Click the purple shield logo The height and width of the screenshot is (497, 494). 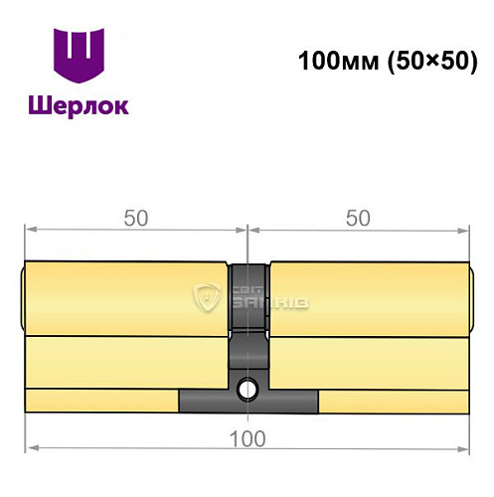pyautogui.click(x=78, y=58)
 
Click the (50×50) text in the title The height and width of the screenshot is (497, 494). pyautogui.click(x=425, y=61)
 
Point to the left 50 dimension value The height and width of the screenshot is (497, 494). pyautogui.click(x=136, y=220)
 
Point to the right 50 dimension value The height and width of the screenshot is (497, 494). pyautogui.click(x=357, y=220)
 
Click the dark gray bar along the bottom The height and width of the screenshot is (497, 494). pyautogui.click(x=248, y=401)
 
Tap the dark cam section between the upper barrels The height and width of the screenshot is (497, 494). pyautogui.click(x=247, y=298)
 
